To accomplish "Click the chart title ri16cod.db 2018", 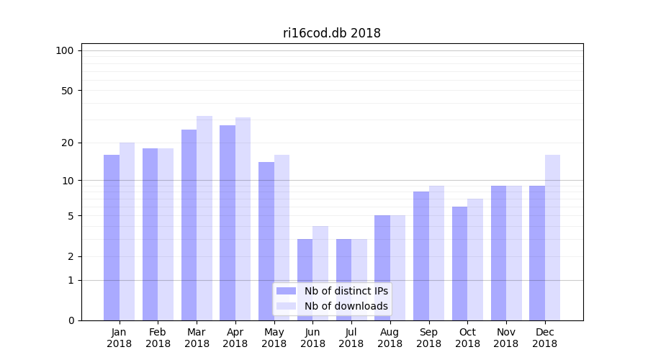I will pyautogui.click(x=331, y=33).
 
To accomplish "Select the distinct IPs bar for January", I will pyautogui.click(x=112, y=238).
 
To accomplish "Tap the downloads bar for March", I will pyautogui.click(x=204, y=218).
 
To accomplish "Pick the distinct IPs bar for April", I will pyautogui.click(x=228, y=222).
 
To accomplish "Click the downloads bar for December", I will pyautogui.click(x=552, y=238).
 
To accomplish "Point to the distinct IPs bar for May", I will pyautogui.click(x=266, y=241).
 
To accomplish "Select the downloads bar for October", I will pyautogui.click(x=475, y=259).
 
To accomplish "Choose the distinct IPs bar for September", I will pyautogui.click(x=421, y=256).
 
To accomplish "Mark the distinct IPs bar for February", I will pyautogui.click(x=150, y=234).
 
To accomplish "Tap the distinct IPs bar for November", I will pyautogui.click(x=498, y=253).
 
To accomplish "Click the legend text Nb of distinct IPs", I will pyautogui.click(x=346, y=291).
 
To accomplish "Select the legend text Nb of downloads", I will pyautogui.click(x=346, y=306).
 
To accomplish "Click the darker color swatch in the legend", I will pyautogui.click(x=286, y=291).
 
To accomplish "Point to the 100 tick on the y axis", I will pyautogui.click(x=65, y=50).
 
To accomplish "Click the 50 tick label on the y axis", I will pyautogui.click(x=67, y=91).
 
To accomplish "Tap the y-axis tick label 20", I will pyautogui.click(x=67, y=143).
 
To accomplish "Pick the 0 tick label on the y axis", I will pyautogui.click(x=71, y=320).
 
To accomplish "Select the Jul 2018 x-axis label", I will pyautogui.click(x=351, y=338).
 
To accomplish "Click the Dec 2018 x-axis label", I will pyautogui.click(x=544, y=338).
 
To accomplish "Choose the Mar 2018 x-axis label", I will pyautogui.click(x=197, y=338).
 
